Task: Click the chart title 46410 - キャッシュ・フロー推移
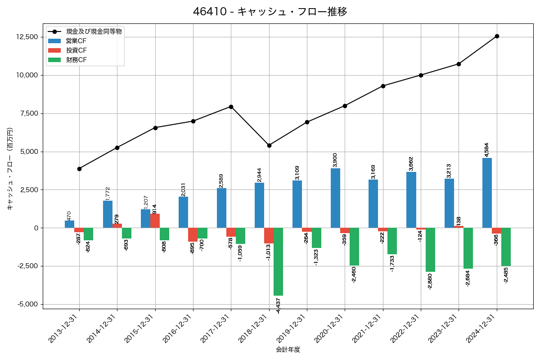pyautogui.click(x=270, y=12)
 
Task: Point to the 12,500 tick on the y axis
pyautogui.click(x=27, y=37)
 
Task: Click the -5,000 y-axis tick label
pyautogui.click(x=27, y=304)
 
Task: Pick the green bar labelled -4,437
pyautogui.click(x=278, y=261)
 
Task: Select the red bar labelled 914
pyautogui.click(x=155, y=220)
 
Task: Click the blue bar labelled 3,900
pyautogui.click(x=335, y=198)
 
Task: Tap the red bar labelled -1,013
pyautogui.click(x=269, y=235)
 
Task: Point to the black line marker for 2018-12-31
pyautogui.click(x=269, y=145)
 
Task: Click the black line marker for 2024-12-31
pyautogui.click(x=497, y=36)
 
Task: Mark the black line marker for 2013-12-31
pyautogui.click(x=79, y=169)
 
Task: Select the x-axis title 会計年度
pyautogui.click(x=288, y=350)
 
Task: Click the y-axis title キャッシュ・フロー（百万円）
pyautogui.click(x=10, y=169)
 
